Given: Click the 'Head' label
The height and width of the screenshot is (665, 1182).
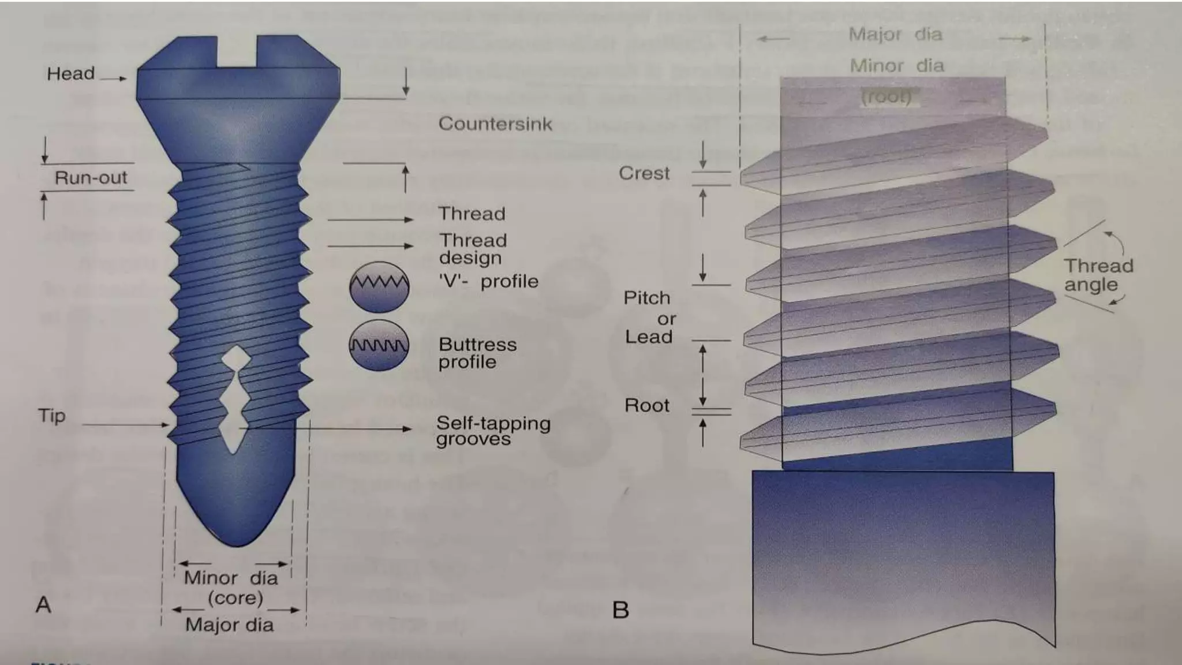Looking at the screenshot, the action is point(70,74).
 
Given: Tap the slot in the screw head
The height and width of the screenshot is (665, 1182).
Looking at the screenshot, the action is point(237,51).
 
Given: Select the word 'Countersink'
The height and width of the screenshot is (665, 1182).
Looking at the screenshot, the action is point(495,124).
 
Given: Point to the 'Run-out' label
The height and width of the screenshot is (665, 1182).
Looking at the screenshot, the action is point(91,178).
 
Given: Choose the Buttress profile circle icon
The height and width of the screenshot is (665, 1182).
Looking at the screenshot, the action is point(379,345).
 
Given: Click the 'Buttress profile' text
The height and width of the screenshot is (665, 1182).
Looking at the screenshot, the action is point(477,353).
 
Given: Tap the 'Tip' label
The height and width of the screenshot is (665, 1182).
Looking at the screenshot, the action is point(52,416).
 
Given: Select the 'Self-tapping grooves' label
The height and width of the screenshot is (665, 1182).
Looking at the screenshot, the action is point(493,431).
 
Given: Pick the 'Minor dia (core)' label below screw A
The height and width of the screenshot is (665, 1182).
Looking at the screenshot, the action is point(231,587).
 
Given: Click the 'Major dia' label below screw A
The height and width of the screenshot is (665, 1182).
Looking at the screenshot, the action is point(229,625).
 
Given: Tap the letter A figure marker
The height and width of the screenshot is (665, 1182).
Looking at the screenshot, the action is point(43,605).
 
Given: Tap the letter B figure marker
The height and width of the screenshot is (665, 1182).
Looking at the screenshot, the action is point(620,610).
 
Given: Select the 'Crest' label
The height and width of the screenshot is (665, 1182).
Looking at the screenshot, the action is point(644,173).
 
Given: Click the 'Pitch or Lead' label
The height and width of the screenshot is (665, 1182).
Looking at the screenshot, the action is point(649,317).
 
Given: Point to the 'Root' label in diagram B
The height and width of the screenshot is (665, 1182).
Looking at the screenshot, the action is point(647,405).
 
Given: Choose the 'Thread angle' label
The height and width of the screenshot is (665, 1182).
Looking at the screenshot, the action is point(1098,275).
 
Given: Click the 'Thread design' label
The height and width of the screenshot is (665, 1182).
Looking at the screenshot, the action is point(473,249).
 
